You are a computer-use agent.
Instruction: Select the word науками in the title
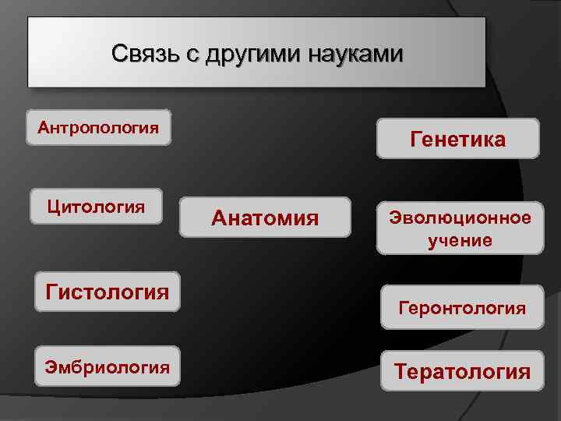(355, 55)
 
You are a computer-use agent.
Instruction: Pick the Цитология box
(96, 207)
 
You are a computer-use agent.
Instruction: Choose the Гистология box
(108, 292)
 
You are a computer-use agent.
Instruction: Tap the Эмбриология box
(108, 366)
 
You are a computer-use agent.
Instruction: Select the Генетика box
(458, 139)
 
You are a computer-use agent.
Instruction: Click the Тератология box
(462, 371)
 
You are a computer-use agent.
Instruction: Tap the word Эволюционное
(460, 218)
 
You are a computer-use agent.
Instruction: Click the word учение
(460, 240)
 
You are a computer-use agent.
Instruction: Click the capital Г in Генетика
(415, 140)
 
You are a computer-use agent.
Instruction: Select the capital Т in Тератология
(400, 372)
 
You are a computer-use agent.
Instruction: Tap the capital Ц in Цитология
(53, 207)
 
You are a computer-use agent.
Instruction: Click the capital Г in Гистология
(52, 292)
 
